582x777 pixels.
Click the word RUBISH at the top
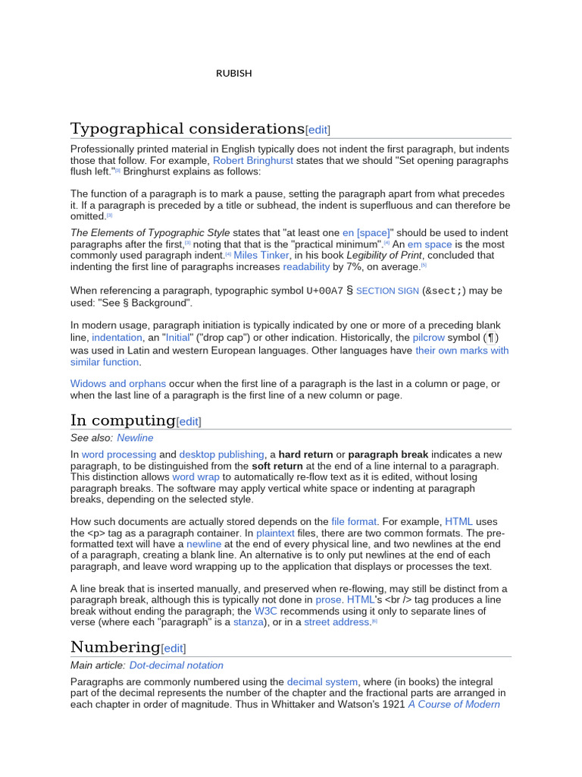tap(234, 74)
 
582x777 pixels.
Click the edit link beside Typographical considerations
tap(318, 130)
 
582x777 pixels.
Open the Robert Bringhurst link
tap(252, 161)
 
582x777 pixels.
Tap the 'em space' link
tap(430, 244)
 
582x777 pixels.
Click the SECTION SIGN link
tap(386, 291)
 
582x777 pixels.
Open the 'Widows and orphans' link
tap(117, 384)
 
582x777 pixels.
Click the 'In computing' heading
tap(122, 420)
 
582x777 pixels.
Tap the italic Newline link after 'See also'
tap(135, 438)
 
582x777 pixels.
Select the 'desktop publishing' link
tap(221, 454)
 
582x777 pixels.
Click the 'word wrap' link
tap(196, 477)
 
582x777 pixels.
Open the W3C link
tap(265, 610)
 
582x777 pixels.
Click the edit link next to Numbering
tap(173, 648)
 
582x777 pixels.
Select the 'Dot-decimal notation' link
tap(177, 665)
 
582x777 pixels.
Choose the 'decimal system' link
tap(322, 681)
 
